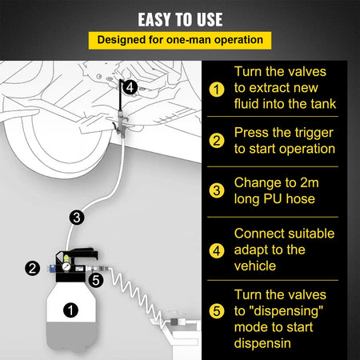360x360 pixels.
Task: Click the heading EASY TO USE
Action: [180, 19]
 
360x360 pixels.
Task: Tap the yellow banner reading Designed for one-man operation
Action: [180, 41]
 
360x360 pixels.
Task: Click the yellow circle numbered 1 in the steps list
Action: [217, 90]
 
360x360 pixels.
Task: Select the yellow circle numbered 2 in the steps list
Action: [217, 141]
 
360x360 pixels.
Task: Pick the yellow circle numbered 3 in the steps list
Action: [217, 190]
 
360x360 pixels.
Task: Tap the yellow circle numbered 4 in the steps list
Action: [217, 250]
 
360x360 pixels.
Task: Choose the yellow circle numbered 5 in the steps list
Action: [217, 311]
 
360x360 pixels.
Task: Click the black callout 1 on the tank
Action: [70, 310]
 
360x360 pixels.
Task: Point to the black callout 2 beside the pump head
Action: [32, 268]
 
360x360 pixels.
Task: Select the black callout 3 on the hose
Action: [77, 218]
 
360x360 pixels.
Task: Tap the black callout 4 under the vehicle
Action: [130, 87]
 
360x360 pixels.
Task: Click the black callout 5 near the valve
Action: [96, 280]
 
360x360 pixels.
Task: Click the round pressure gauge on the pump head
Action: [66, 266]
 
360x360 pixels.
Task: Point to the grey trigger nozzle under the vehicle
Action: [121, 124]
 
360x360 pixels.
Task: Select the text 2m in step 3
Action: [310, 183]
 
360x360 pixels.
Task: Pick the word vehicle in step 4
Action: [255, 266]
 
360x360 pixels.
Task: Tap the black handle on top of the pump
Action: [82, 254]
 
